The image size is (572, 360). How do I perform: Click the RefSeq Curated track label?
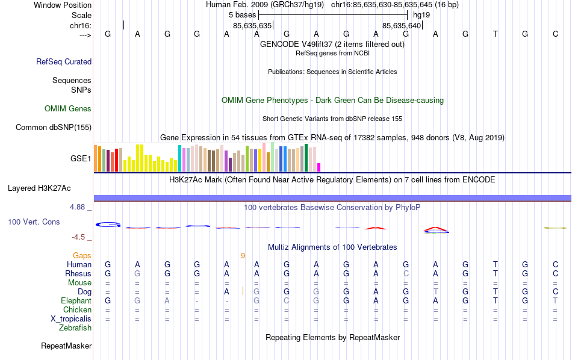pos(64,61)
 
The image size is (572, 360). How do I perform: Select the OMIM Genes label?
pos(68,109)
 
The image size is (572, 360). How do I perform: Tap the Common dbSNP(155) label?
pos(54,127)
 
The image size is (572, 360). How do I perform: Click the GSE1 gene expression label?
pos(81,159)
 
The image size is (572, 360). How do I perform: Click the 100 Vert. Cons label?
pos(34,222)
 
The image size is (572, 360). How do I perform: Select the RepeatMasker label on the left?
pos(66,346)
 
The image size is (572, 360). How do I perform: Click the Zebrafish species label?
pos(75,328)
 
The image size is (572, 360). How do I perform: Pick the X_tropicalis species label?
pos(69,319)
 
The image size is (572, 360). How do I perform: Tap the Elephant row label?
pos(76,301)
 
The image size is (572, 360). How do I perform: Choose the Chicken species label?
pos(76,310)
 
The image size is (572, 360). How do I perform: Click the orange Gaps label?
pos(82,256)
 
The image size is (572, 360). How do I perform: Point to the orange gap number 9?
pos(243,256)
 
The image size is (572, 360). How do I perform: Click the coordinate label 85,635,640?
pos(402,25)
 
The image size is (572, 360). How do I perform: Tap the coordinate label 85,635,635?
pos(252,25)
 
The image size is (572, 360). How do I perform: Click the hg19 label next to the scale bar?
pos(422,14)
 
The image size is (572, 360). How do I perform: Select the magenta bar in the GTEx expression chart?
pos(319,167)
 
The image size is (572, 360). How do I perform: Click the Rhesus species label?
pos(78,274)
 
